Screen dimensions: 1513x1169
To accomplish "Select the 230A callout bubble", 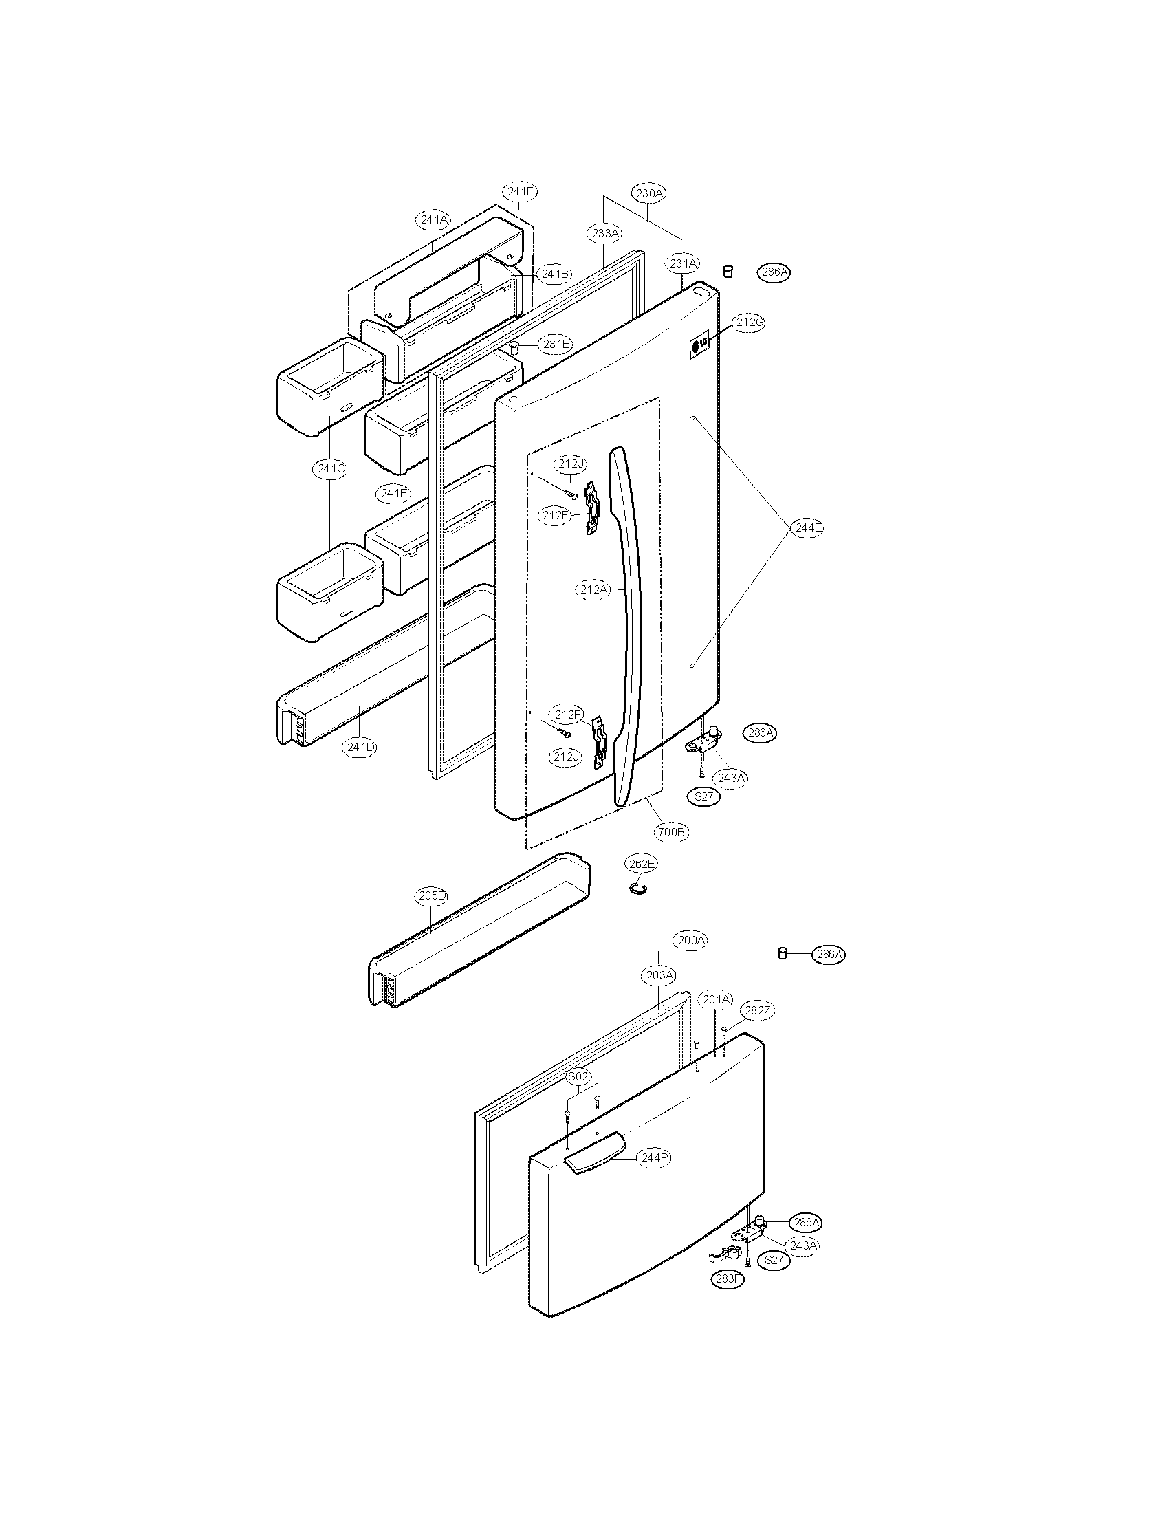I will point(648,193).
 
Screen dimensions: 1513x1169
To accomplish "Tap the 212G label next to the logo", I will point(750,322).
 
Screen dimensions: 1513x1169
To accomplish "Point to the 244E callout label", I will point(807,528).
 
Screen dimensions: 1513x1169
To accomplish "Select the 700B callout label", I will point(672,831).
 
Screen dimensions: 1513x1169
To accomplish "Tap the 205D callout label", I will point(433,895).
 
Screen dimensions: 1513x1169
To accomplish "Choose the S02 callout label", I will point(578,1076).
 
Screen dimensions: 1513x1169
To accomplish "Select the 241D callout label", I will point(361,747).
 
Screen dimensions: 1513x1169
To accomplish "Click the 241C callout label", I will point(329,469).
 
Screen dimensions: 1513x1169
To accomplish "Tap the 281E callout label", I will point(557,345).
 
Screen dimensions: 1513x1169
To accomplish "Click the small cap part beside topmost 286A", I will point(728,271).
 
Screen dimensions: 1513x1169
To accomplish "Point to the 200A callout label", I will point(691,940).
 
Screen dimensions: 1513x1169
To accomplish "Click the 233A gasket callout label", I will point(605,233).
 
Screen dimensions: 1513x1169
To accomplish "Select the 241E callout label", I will point(393,493).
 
